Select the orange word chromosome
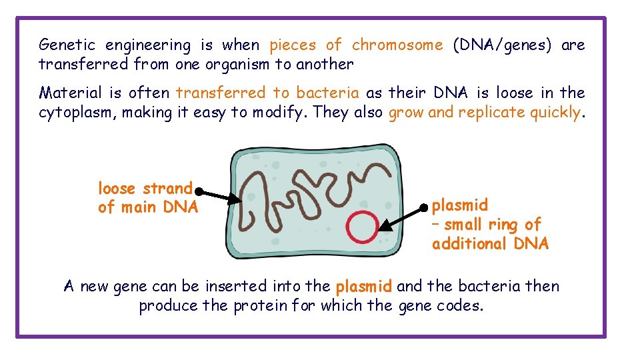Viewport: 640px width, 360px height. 397,45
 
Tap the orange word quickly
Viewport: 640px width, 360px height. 556,113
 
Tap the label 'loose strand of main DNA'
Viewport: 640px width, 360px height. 147,198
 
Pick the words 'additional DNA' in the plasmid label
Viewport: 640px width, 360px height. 490,244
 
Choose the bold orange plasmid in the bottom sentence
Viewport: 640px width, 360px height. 363,287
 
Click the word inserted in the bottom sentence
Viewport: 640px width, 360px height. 233,287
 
